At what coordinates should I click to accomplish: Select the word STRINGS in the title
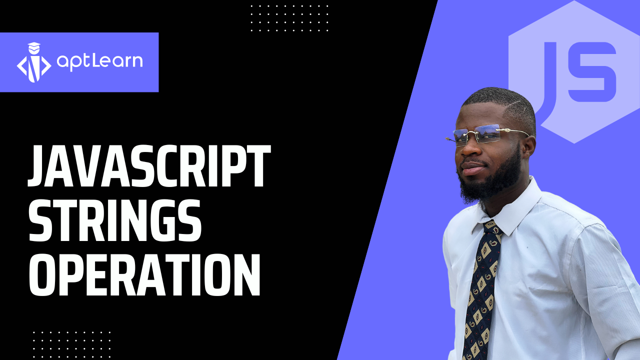click(115, 220)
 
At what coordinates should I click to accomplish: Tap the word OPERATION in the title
click(144, 274)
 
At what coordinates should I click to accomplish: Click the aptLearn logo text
click(99, 61)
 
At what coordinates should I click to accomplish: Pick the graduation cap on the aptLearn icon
click(34, 45)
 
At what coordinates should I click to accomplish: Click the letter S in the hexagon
click(591, 71)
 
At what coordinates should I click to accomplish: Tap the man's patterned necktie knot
click(492, 228)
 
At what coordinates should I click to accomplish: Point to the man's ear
click(528, 147)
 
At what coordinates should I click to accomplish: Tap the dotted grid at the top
click(289, 17)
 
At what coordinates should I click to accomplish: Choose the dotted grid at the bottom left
click(71, 344)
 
